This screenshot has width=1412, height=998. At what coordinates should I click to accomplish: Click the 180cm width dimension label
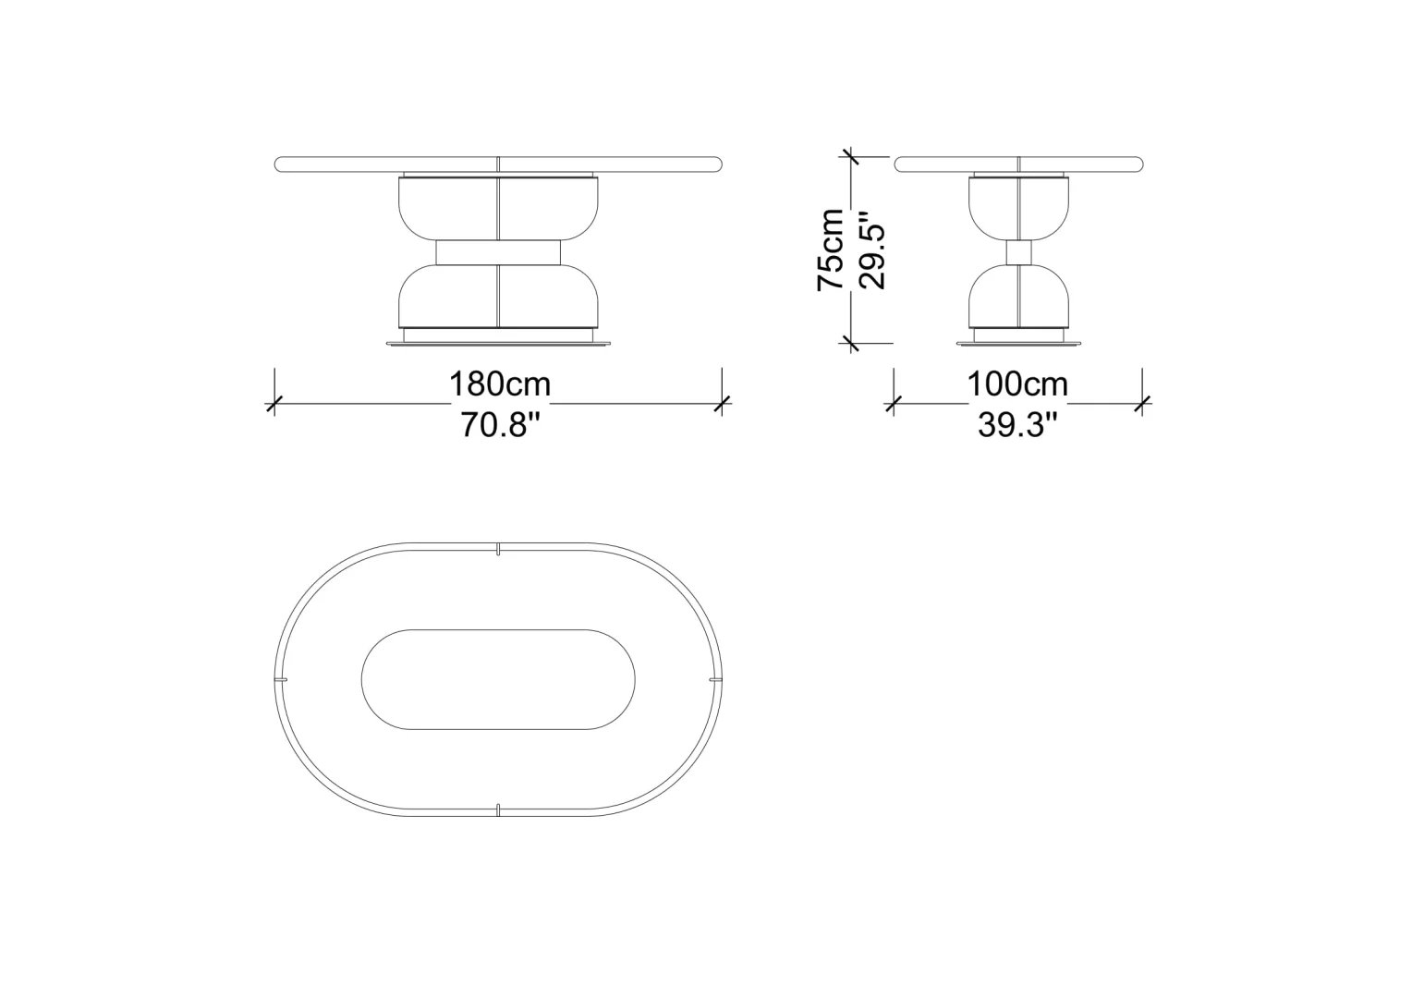click(500, 383)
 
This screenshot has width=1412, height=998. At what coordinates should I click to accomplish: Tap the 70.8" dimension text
click(501, 424)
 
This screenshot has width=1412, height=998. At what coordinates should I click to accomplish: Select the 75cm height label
click(830, 249)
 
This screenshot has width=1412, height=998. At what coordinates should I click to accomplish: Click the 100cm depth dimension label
click(1017, 383)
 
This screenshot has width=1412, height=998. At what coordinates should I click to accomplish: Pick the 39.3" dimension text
click(1017, 424)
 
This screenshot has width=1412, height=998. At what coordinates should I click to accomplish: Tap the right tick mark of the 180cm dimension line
click(723, 404)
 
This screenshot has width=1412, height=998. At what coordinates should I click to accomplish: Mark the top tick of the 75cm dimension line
click(850, 156)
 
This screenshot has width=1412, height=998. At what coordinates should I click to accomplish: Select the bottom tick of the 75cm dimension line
click(850, 343)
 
